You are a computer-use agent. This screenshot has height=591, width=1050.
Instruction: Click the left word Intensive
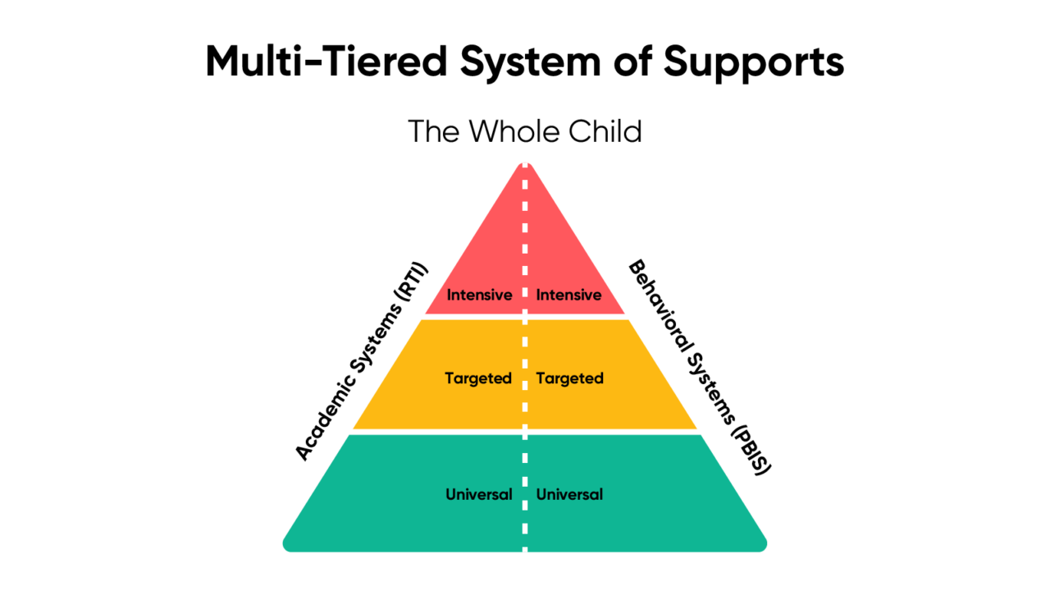tap(479, 295)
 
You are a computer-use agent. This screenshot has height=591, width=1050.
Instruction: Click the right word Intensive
tap(568, 295)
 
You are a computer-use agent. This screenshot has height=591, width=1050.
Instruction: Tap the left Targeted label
tap(478, 378)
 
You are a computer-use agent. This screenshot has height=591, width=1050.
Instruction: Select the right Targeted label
tap(569, 378)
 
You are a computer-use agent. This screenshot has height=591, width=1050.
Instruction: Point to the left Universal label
tap(478, 494)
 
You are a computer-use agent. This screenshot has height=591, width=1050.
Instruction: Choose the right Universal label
tap(569, 494)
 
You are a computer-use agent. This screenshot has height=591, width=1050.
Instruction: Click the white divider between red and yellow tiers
tap(574, 316)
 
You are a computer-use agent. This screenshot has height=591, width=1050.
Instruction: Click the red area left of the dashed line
tap(492, 254)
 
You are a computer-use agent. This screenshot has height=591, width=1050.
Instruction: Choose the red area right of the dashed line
tap(558, 254)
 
